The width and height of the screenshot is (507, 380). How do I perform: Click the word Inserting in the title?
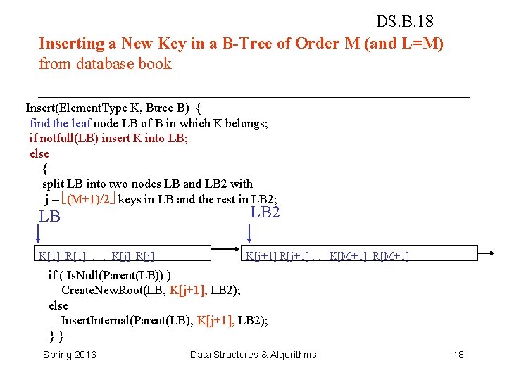coord(71,43)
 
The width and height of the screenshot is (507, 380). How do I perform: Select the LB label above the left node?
coord(49,217)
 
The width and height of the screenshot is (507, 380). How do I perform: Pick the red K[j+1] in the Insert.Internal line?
coord(215,320)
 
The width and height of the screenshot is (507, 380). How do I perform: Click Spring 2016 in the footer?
coord(70,355)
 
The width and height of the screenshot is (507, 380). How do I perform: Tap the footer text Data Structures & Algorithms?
coord(254,355)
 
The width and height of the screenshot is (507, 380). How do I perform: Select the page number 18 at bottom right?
coord(458,355)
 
